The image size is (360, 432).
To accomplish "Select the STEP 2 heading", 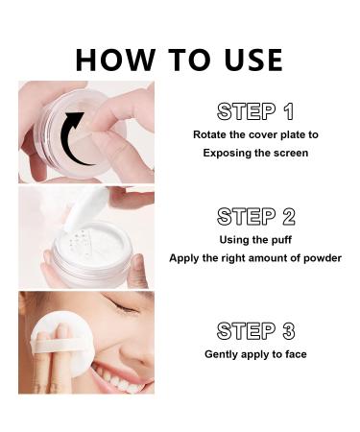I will (x=254, y=215).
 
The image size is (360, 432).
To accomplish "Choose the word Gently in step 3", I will (x=223, y=354).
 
